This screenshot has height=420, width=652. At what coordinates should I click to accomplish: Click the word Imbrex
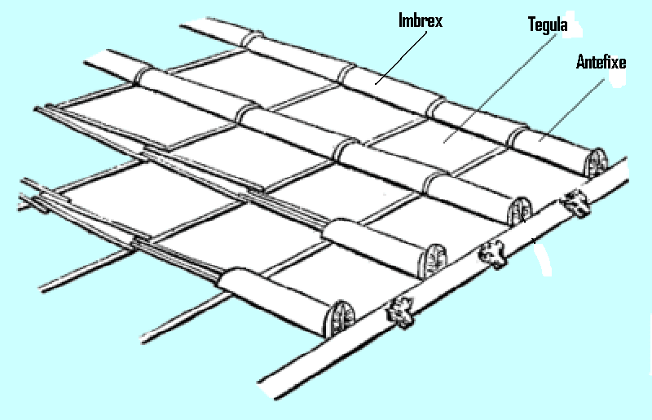point(421,21)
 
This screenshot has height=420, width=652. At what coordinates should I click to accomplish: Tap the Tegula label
point(548,24)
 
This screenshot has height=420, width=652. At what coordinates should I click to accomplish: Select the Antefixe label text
point(601,62)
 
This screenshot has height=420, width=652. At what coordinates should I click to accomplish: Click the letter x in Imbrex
point(438,22)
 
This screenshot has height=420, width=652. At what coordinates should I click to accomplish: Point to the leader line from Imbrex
point(401,57)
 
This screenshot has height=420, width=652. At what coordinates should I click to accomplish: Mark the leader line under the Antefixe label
point(572,111)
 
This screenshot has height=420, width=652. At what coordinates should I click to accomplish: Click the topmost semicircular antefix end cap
point(596,163)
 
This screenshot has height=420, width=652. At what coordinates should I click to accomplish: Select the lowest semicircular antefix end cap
point(339,319)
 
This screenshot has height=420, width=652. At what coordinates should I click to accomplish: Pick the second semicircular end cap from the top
point(519,211)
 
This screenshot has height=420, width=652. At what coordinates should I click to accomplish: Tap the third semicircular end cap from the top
point(433,261)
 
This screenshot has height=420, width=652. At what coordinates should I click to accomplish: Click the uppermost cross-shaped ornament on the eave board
point(575,203)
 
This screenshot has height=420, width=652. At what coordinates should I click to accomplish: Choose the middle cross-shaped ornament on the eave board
point(493,254)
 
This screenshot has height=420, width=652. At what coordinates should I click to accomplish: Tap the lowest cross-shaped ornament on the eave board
point(400,312)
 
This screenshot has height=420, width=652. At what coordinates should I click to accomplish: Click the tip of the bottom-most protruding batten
point(143,341)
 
